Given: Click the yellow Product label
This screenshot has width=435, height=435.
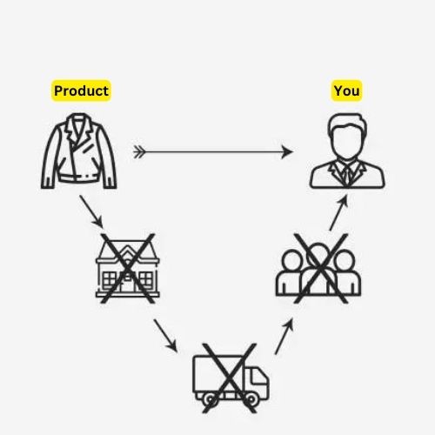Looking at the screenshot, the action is [81, 90].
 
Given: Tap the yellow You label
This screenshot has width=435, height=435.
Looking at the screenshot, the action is [346, 90].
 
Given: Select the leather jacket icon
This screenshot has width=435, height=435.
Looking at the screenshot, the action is [79, 151].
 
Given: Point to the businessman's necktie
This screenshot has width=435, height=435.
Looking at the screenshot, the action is [347, 176].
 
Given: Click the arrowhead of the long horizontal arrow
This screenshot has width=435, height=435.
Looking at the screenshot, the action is [287, 151].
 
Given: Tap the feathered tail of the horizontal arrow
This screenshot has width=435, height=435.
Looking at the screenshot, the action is [139, 152].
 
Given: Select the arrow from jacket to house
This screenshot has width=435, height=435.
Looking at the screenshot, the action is [91, 211].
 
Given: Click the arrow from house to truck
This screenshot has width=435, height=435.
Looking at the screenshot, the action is [165, 336].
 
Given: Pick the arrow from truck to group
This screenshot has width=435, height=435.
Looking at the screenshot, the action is [284, 337].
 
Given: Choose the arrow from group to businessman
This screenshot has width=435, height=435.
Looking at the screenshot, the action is [338, 212].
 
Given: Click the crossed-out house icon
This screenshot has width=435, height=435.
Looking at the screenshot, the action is [128, 268].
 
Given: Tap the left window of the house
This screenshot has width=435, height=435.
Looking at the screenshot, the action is [110, 279].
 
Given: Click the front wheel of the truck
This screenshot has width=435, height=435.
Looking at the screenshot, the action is [251, 399].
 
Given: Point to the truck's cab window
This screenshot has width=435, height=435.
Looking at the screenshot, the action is [259, 377].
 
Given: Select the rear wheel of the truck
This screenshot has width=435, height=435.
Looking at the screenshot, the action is [210, 399].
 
